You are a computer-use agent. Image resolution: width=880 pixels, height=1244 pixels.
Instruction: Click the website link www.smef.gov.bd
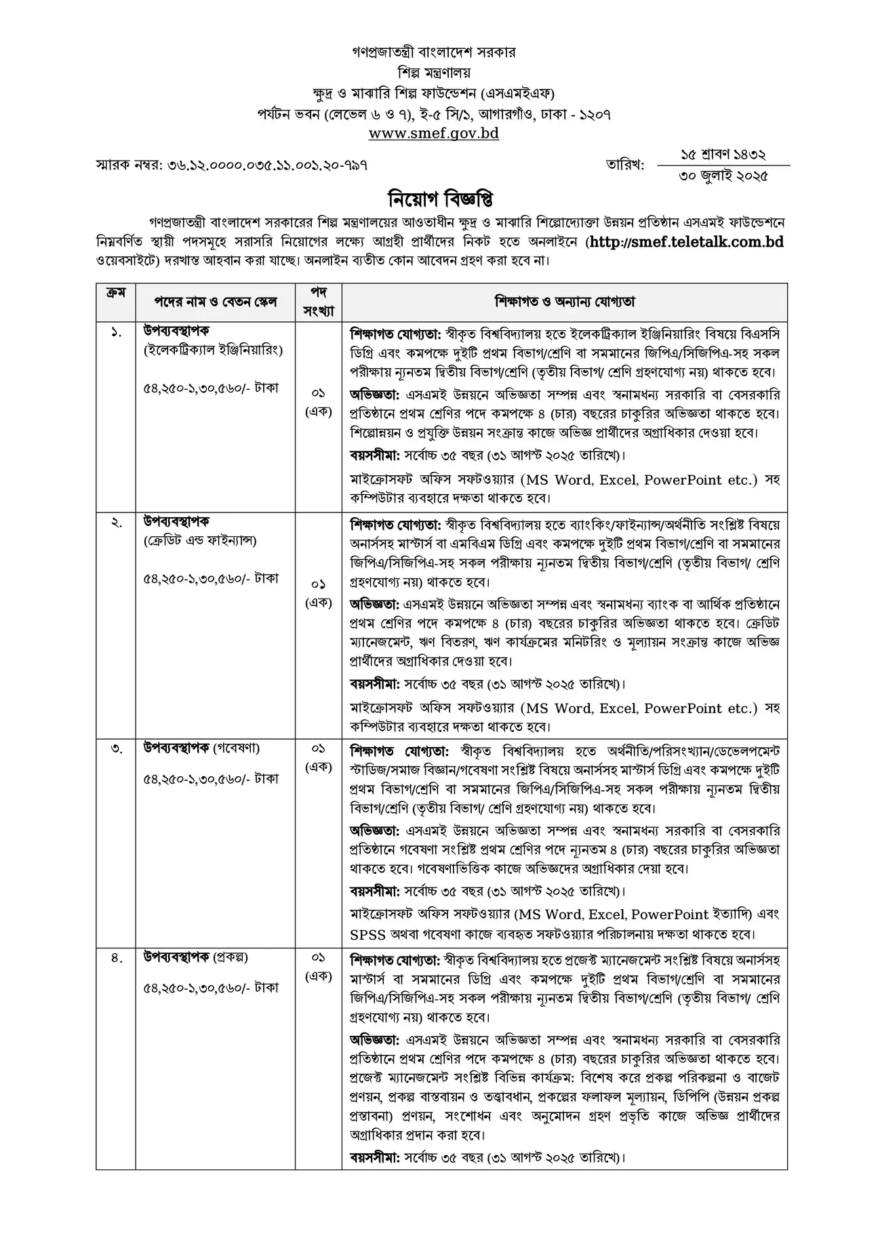click(434, 134)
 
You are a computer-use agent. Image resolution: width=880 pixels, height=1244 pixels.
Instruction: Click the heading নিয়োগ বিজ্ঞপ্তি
click(439, 201)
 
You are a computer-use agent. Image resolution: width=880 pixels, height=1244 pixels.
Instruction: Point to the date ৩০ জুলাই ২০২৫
click(723, 177)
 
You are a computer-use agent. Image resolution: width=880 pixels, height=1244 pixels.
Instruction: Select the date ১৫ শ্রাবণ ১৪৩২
click(723, 155)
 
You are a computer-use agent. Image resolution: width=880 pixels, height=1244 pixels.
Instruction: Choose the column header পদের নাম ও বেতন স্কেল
click(216, 302)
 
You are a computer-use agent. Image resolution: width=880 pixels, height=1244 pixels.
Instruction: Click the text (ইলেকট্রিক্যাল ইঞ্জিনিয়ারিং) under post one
click(213, 350)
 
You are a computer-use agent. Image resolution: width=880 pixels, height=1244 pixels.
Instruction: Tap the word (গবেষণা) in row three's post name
click(237, 748)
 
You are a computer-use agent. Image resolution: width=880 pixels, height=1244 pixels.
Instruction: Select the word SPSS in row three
click(367, 934)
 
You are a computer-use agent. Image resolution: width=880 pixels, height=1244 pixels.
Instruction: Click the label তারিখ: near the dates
click(625, 165)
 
